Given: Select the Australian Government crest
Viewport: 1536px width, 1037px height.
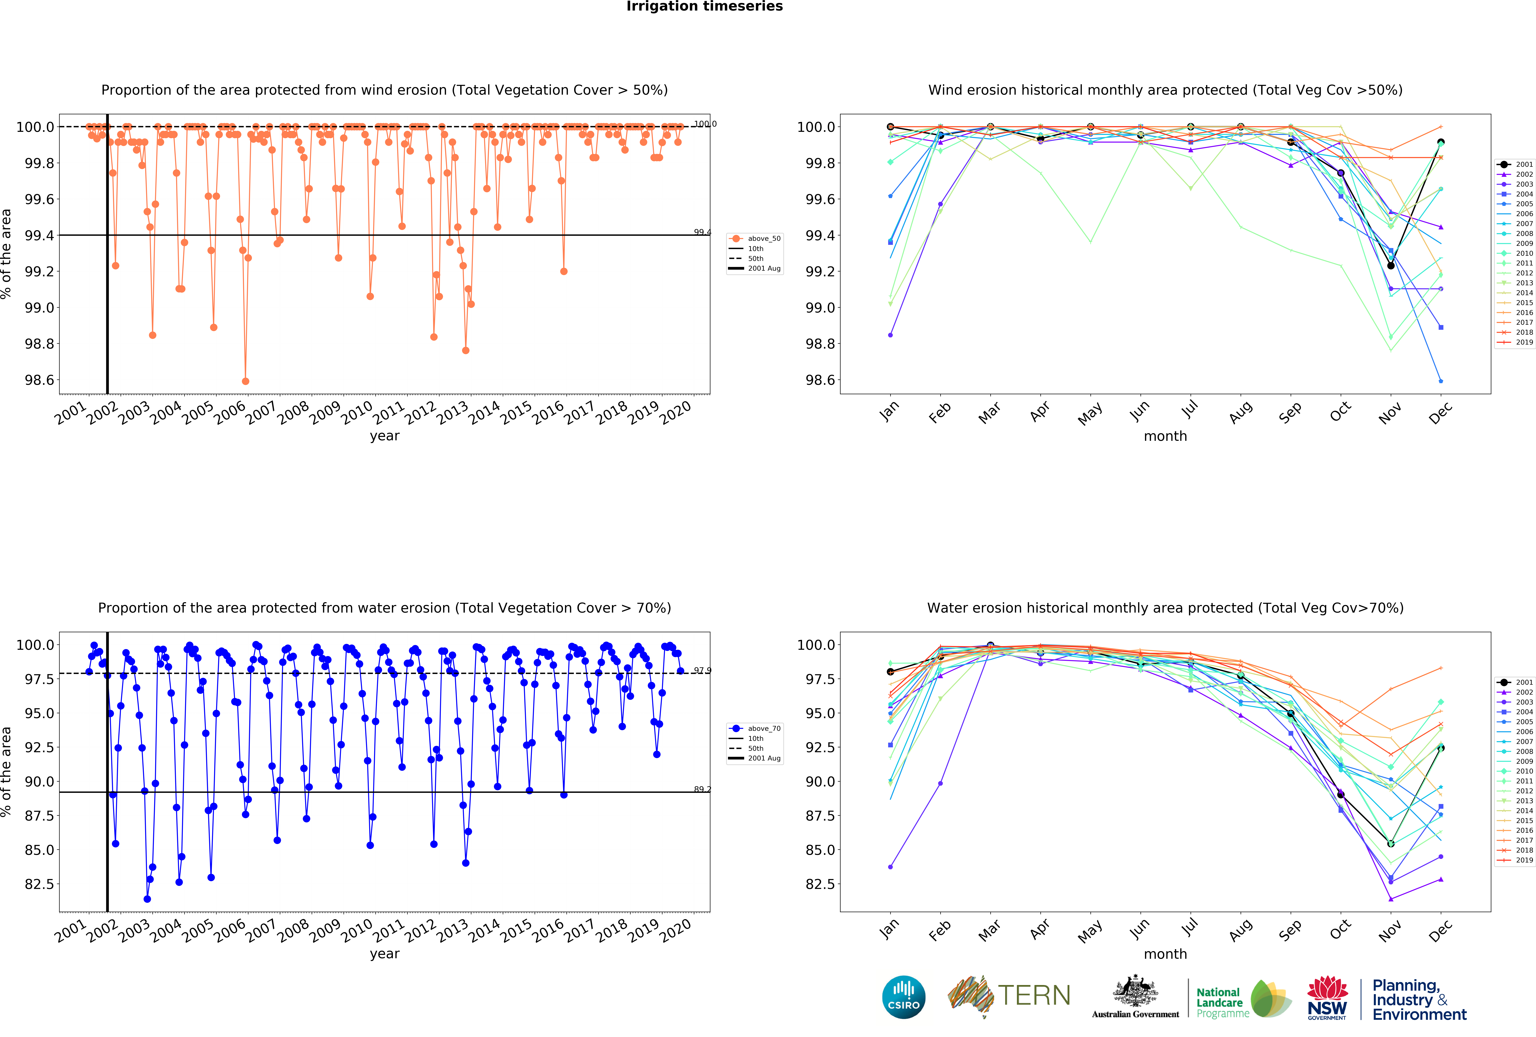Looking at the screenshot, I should tap(1135, 991).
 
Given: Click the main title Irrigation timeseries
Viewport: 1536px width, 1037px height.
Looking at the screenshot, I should tap(705, 7).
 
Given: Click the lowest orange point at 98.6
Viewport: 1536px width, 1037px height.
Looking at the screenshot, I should tap(245, 381).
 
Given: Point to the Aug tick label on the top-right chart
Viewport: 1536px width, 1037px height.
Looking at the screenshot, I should tap(1241, 412).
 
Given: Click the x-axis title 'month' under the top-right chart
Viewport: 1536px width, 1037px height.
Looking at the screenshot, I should tap(1165, 436).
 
